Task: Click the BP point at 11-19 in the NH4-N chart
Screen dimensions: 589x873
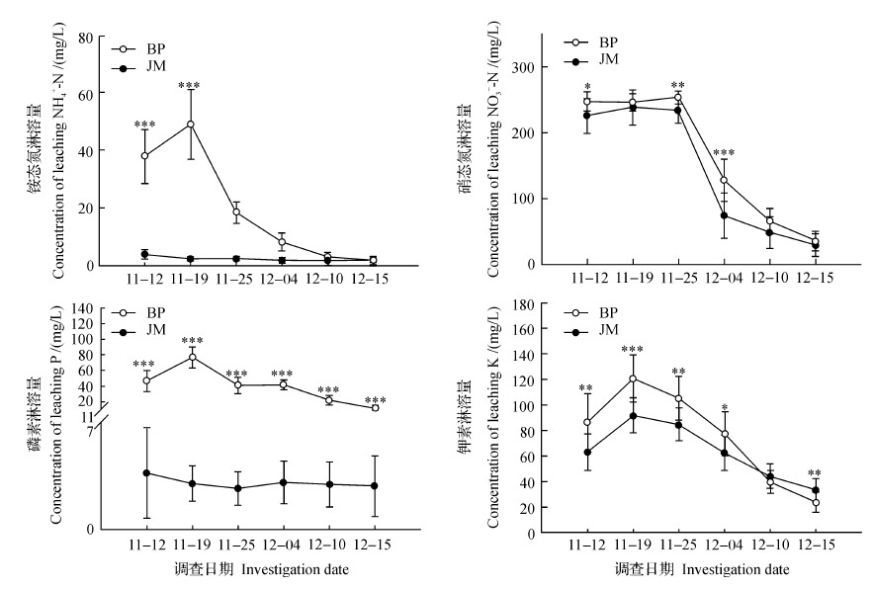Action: click(x=190, y=125)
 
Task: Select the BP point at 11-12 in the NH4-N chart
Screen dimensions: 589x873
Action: click(x=144, y=156)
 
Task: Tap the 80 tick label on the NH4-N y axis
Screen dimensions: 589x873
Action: click(x=87, y=38)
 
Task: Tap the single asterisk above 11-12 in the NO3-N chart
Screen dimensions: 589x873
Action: click(x=587, y=87)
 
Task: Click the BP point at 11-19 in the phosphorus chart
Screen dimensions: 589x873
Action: click(x=193, y=358)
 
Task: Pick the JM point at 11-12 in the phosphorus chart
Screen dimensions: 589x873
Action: click(x=146, y=473)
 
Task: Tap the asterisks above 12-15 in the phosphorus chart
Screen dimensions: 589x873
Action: click(x=375, y=401)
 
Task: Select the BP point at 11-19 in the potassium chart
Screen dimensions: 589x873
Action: click(x=633, y=379)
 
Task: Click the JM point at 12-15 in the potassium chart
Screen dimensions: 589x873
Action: click(x=816, y=490)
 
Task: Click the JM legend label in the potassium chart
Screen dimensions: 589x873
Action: click(x=609, y=329)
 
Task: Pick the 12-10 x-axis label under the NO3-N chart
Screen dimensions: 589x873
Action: click(x=769, y=280)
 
